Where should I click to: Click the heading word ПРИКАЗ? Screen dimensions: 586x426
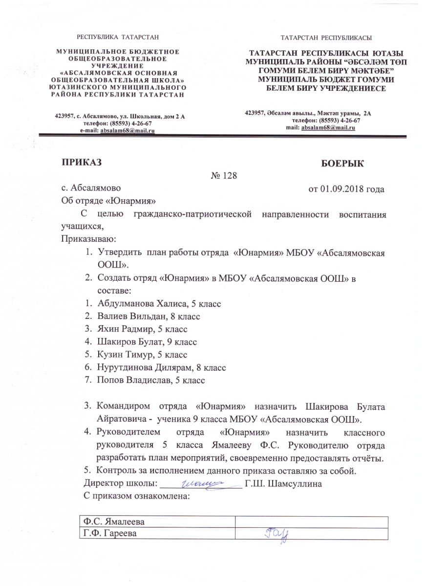81,162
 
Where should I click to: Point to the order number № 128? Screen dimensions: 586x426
223,175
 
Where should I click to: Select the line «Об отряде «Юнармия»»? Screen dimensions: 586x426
108,200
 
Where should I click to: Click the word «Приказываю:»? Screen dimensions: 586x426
88,239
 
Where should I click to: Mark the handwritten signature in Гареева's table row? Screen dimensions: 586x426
277,533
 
